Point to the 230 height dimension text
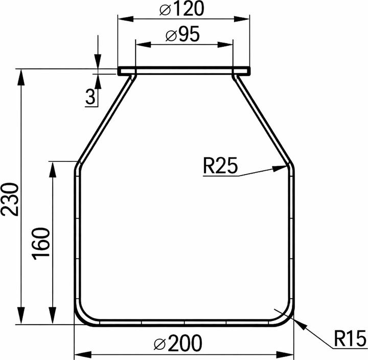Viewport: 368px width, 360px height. pos(10,199)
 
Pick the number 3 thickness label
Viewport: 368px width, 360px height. pos(91,97)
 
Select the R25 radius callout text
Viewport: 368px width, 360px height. pos(220,166)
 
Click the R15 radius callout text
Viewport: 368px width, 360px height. pos(350,338)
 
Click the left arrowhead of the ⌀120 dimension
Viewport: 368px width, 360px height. pos(123,18)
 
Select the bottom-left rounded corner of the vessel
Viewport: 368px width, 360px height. pos(83,315)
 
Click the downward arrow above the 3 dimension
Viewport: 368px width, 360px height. pos(97,61)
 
